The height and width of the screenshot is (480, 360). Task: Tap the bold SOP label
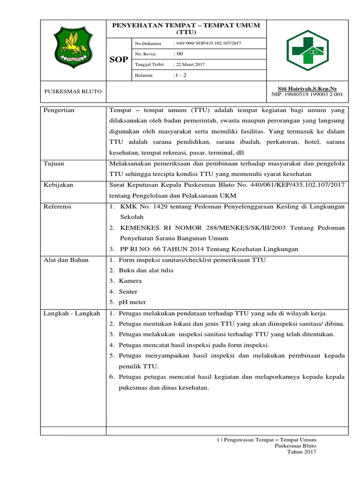coord(118,60)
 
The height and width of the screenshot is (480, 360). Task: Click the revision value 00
coord(178,54)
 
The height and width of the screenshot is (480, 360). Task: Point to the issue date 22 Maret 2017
coord(192,64)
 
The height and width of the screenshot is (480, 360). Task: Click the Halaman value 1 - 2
coord(180,75)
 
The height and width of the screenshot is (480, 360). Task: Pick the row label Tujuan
coord(54,164)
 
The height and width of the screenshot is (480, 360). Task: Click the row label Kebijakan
coord(59,185)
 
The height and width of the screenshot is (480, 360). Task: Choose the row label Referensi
coord(58,206)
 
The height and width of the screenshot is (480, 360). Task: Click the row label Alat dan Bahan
coord(66,260)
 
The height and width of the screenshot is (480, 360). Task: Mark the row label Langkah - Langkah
coord(71,313)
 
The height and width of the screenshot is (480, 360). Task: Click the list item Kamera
coord(130,281)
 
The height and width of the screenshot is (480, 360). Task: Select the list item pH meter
coord(132,302)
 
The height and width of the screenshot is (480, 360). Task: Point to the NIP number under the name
coord(307,94)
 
